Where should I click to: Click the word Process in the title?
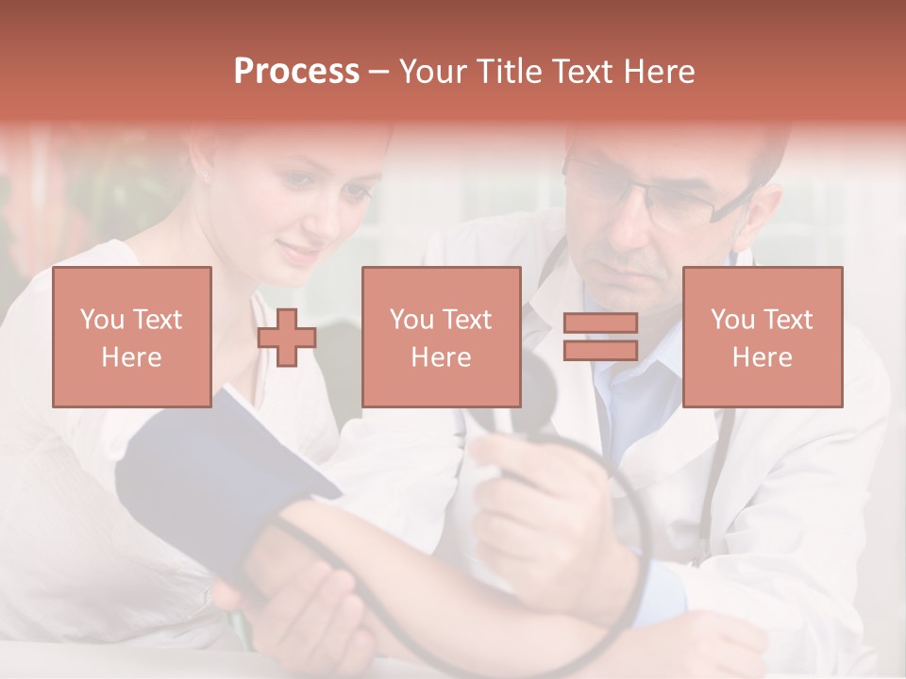click(296, 72)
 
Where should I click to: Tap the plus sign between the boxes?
click(287, 338)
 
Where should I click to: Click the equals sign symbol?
click(600, 337)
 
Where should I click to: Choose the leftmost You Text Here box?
click(131, 337)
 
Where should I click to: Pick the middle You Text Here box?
click(441, 337)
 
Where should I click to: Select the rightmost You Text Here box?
click(763, 337)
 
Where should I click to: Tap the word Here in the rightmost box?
click(763, 357)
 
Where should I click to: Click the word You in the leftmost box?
click(101, 320)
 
